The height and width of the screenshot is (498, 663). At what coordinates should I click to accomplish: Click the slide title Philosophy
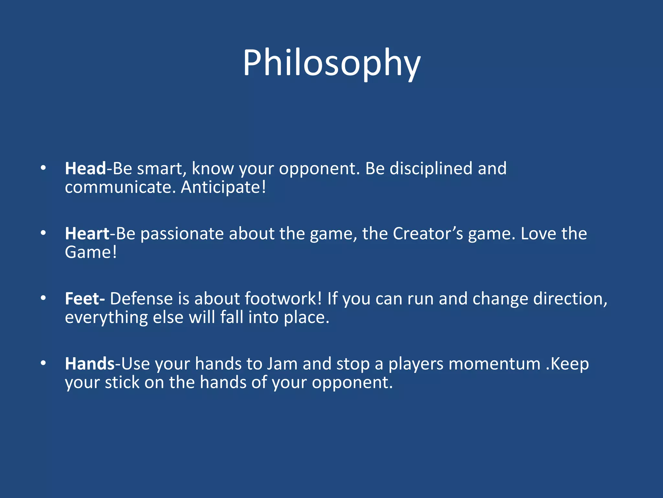coord(331,63)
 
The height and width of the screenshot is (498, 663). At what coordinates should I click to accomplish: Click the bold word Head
coord(85,169)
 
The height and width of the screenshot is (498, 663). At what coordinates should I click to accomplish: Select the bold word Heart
coord(87,234)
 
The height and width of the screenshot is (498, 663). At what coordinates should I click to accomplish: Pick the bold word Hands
coord(90,364)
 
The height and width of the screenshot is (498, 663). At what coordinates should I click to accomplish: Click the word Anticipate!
coord(223,188)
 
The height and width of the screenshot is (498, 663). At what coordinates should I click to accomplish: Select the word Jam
coord(282,364)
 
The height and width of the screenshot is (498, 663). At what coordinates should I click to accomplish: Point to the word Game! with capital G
coord(91,253)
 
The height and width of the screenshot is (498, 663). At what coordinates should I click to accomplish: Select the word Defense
coord(141,299)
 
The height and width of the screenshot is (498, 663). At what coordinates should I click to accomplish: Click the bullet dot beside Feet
coord(43,298)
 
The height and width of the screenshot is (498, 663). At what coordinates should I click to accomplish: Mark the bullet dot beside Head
coord(43,168)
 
